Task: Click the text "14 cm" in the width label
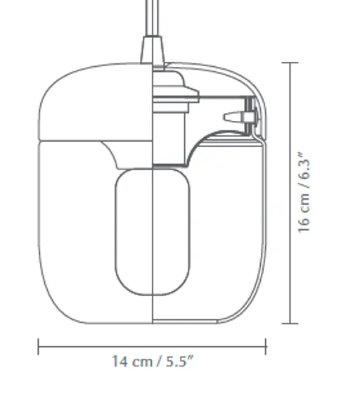pyautogui.click(x=131, y=362)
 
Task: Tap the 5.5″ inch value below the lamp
pyautogui.click(x=180, y=362)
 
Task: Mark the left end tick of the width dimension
pyautogui.click(x=39, y=346)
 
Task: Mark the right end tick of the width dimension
pyautogui.click(x=266, y=346)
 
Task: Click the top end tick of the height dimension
pyautogui.click(x=290, y=63)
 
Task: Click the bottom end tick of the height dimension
pyautogui.click(x=290, y=324)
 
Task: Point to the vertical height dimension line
pyautogui.click(x=290, y=193)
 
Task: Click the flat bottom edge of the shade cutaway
pyautogui.click(x=204, y=323)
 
